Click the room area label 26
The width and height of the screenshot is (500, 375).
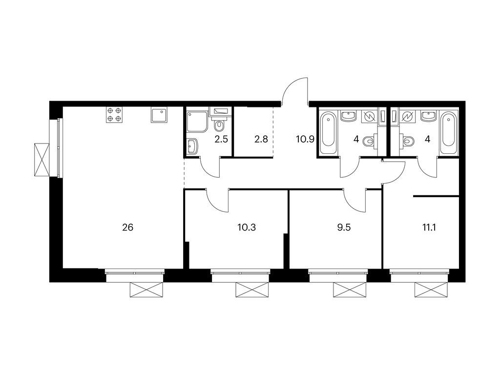click(127, 228)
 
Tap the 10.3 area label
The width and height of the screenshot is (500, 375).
click(247, 228)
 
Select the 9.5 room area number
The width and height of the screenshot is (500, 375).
click(344, 228)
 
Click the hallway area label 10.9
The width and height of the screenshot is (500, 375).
click(306, 139)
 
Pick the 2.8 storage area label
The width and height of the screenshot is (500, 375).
click(261, 139)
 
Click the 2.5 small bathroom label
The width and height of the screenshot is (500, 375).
click(221, 139)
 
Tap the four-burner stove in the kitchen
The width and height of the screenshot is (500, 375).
click(114, 115)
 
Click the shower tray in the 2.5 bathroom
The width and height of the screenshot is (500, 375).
click(197, 122)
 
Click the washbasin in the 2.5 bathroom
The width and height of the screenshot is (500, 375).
click(192, 146)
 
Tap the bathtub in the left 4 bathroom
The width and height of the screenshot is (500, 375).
click(329, 132)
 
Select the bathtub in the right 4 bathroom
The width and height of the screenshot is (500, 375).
click(448, 132)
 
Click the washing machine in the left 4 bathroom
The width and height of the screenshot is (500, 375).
click(369, 116)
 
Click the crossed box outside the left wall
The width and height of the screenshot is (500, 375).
click(42, 160)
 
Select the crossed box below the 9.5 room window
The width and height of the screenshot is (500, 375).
click(349, 290)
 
